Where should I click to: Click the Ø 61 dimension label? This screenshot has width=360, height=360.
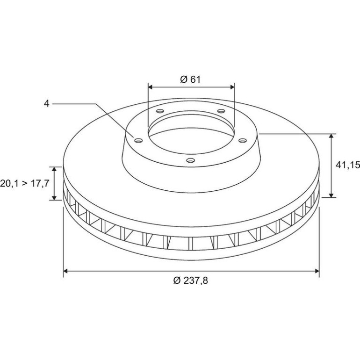coord(190,79)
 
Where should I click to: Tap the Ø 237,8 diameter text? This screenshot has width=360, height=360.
coord(191,281)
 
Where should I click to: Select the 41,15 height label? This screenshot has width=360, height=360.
coord(348,165)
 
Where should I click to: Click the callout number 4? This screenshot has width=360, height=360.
coord(47,104)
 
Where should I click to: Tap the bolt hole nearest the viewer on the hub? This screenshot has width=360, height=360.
coord(190,160)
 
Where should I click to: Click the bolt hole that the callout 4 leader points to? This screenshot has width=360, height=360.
coord(138,141)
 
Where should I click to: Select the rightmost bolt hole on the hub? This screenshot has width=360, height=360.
coord(243,140)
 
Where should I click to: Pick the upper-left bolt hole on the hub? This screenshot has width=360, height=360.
coord(160,111)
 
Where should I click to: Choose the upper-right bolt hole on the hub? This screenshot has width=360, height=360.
coord(221,111)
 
